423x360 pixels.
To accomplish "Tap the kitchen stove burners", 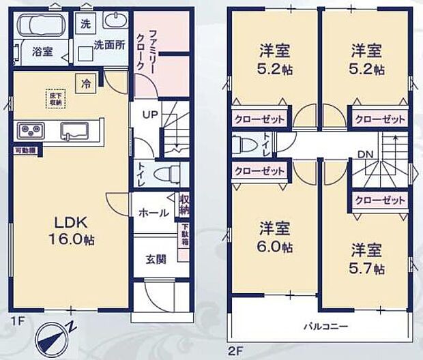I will tap(31, 130).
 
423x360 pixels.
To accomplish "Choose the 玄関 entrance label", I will tap(154, 259).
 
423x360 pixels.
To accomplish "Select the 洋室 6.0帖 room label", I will tap(273, 238).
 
